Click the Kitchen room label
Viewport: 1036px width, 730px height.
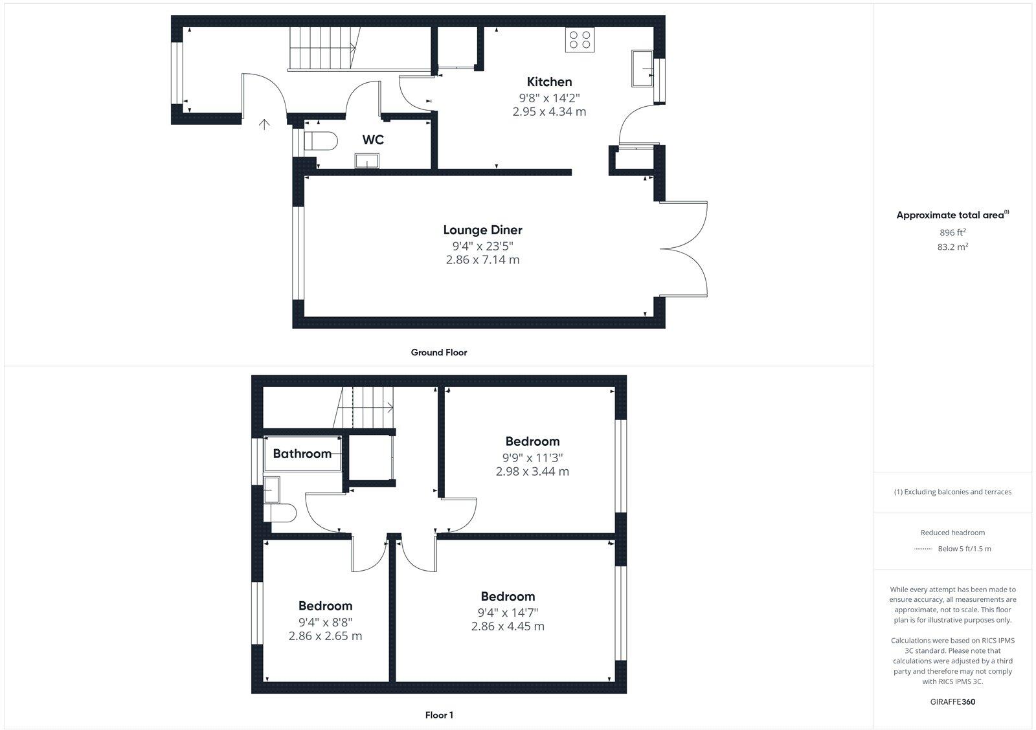549,82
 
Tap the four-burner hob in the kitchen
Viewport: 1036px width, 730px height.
580,39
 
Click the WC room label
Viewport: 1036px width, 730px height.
373,140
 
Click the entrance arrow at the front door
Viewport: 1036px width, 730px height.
264,124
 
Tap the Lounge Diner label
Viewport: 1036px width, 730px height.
482,230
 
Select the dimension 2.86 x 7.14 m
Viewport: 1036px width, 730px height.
482,260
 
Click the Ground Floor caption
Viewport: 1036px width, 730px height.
438,353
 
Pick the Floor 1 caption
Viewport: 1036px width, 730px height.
439,715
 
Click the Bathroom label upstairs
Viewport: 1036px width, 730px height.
302,454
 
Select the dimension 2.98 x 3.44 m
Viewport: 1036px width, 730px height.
532,471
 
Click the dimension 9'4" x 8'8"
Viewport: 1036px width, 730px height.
325,622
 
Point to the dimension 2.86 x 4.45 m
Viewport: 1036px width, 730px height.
508,626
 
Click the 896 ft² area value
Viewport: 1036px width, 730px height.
952,232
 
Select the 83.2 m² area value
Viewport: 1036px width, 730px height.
952,247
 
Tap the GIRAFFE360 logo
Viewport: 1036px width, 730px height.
952,702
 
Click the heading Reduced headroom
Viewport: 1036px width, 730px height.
952,533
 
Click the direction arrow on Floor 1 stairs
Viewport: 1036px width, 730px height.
388,407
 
